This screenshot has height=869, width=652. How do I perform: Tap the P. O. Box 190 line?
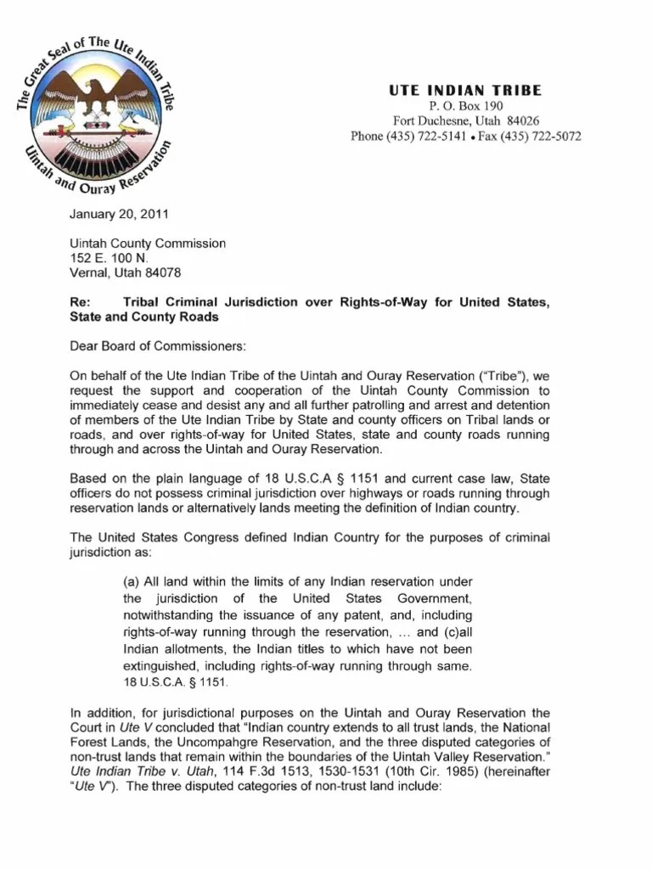466,106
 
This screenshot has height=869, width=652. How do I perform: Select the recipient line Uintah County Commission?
148,244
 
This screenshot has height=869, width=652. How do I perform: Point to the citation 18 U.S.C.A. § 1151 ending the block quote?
176,681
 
